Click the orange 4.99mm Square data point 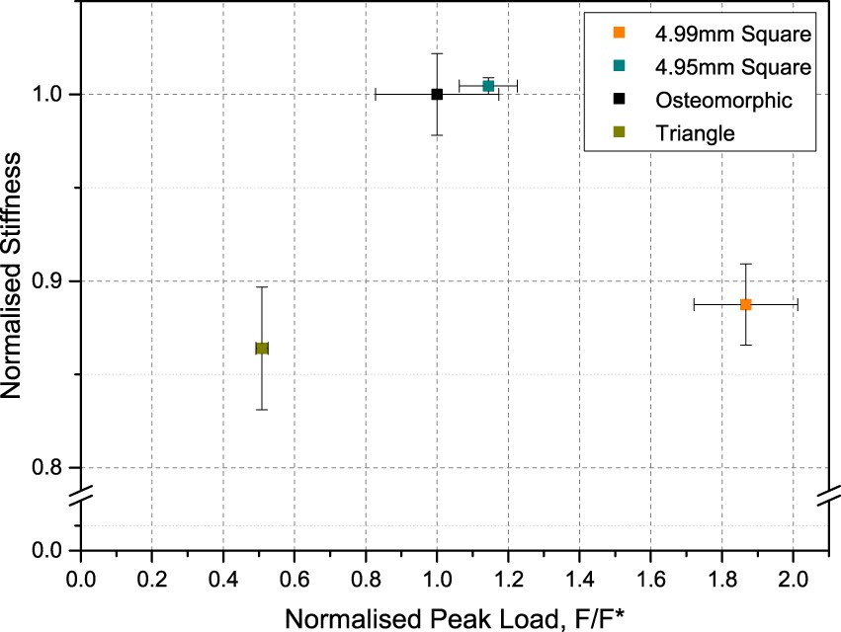coord(746,304)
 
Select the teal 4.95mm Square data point coord(488,86)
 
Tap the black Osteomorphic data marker coord(437,94)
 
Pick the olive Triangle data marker coord(262,348)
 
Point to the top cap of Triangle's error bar coord(262,287)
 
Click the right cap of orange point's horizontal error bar coord(798,304)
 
